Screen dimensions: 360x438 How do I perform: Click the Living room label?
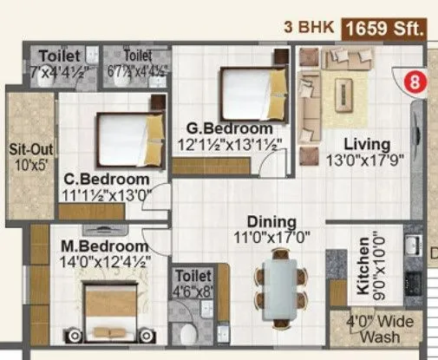click(x=365, y=143)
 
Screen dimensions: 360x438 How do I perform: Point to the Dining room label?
click(x=271, y=221)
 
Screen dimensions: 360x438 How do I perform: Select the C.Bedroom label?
click(x=107, y=180)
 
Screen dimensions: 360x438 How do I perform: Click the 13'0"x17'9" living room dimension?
click(x=365, y=160)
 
